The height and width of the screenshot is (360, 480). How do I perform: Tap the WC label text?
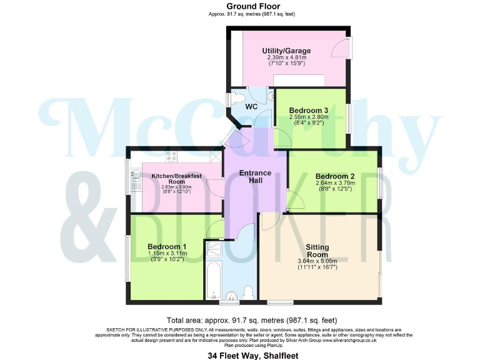[251, 107]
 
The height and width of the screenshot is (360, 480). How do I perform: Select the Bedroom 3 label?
[309, 111]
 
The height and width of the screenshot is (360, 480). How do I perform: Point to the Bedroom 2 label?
[334, 176]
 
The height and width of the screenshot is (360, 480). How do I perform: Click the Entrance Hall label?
[255, 177]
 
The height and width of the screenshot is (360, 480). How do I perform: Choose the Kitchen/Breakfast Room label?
[176, 179]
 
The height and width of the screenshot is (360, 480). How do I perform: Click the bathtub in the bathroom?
[214, 280]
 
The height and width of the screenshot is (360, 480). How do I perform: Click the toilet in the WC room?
[239, 97]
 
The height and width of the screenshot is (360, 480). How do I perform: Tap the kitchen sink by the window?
[136, 178]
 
